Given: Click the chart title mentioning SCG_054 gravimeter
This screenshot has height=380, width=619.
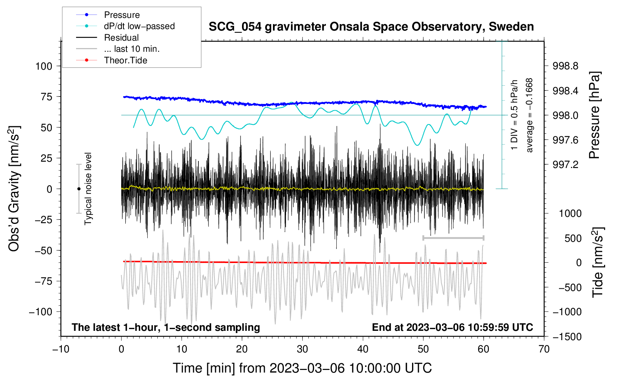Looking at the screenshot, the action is tap(371, 27).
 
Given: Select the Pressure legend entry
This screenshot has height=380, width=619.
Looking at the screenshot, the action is tap(108, 15).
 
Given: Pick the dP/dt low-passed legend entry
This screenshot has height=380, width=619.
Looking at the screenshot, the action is tap(125, 26).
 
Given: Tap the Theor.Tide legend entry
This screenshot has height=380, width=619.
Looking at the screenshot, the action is tap(111, 60).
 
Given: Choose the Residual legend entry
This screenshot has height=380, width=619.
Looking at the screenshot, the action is tap(107, 38).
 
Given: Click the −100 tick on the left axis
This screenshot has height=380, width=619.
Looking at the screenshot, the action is tap(41, 312).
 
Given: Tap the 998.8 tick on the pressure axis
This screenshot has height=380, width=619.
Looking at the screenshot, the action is tap(565, 66).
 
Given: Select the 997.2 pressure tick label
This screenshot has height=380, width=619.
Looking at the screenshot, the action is tap(565, 165).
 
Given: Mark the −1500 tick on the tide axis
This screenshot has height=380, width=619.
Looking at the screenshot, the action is tap(567, 337).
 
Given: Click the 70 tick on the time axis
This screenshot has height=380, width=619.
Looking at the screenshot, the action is tap(544, 349).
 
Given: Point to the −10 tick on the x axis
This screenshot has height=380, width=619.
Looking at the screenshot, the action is tap(61, 349).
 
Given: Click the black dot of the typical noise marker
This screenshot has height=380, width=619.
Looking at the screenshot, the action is tap(79, 189).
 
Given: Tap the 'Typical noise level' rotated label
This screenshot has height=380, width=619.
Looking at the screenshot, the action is tap(88, 189).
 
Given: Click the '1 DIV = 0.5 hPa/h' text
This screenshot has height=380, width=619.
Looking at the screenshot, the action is tap(514, 115).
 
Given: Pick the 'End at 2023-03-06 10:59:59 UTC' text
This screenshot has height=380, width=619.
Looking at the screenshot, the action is tap(452, 327).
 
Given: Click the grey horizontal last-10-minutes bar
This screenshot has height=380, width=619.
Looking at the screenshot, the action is tap(453, 238).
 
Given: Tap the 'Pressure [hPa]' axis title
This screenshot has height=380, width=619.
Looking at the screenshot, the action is tap(594, 115).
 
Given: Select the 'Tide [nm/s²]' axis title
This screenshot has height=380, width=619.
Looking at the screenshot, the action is tap(598, 262).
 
